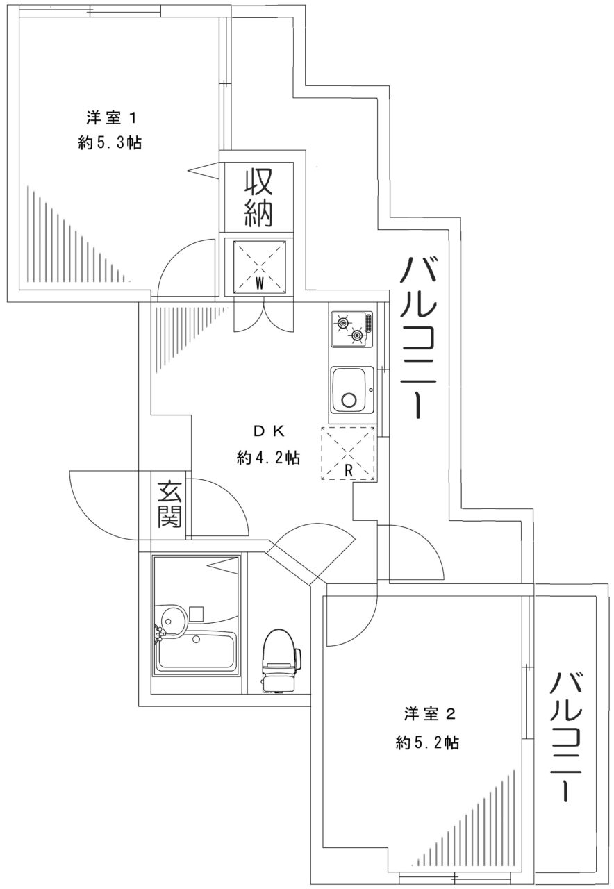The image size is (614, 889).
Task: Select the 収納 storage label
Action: point(257,197)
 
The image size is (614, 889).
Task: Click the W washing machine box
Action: point(258,266)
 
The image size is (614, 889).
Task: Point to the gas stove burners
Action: point(351,329)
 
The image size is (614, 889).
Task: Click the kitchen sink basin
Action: point(351,390)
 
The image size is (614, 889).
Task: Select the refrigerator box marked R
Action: point(349,454)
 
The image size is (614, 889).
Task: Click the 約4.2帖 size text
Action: point(268,458)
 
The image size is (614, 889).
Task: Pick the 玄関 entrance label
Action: point(169,505)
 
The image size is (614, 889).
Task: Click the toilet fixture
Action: point(281,660)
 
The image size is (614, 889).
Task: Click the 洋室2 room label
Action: point(429,714)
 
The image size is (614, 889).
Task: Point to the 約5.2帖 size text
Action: point(426,742)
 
